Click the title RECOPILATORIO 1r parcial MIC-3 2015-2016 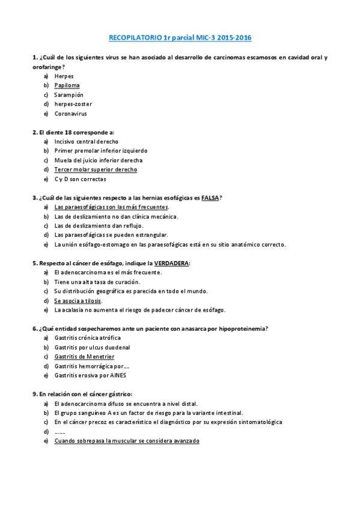180,38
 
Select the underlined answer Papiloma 67,85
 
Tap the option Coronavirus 70,114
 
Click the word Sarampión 69,95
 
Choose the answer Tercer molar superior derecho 96,170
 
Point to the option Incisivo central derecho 86,141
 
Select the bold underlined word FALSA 210,197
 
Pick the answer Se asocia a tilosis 78,301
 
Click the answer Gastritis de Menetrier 84,357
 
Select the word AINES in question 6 118,375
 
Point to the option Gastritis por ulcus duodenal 92,348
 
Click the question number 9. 34,394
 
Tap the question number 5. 34,263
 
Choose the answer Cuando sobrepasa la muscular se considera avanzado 126,441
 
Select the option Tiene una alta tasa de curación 97,281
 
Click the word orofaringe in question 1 46,67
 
